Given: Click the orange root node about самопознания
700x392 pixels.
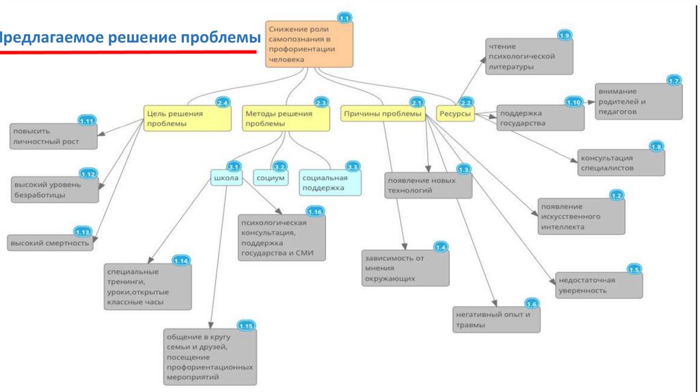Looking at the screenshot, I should click(x=309, y=44).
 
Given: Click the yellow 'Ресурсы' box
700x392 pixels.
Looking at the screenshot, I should click(x=455, y=114).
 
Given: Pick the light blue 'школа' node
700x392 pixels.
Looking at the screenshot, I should click(x=226, y=178).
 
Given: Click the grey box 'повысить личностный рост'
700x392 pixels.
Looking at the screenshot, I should click(x=53, y=136).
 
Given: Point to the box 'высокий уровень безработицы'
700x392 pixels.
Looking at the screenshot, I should click(x=55, y=189).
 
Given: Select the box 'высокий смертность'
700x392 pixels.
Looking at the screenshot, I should click(x=50, y=243).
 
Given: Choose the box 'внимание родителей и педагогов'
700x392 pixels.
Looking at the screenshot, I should click(x=638, y=100).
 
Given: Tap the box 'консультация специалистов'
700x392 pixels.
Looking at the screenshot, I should click(x=620, y=162).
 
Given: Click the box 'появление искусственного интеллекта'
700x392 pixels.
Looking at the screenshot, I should click(x=580, y=216).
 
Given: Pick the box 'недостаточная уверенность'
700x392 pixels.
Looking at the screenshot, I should click(x=599, y=285).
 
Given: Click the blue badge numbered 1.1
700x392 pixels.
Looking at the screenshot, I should click(x=344, y=17).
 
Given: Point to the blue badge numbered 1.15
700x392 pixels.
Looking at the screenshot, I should click(x=246, y=326).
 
